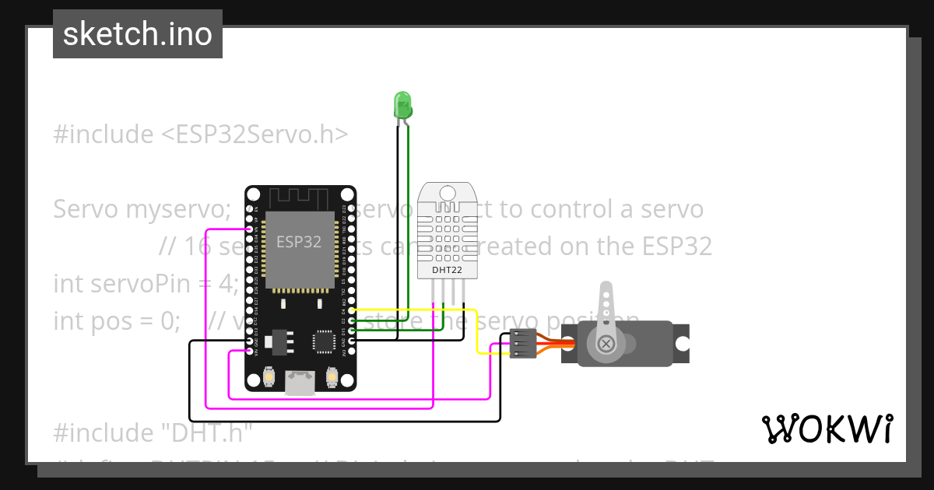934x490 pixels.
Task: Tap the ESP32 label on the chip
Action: click(299, 242)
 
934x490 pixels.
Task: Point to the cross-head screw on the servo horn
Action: click(605, 343)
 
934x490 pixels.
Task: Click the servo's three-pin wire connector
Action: click(521, 344)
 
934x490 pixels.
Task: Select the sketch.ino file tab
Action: click(138, 34)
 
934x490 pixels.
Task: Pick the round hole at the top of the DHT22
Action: click(447, 192)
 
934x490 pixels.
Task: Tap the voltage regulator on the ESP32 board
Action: click(278, 340)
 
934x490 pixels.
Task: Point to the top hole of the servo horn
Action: click(606, 294)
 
